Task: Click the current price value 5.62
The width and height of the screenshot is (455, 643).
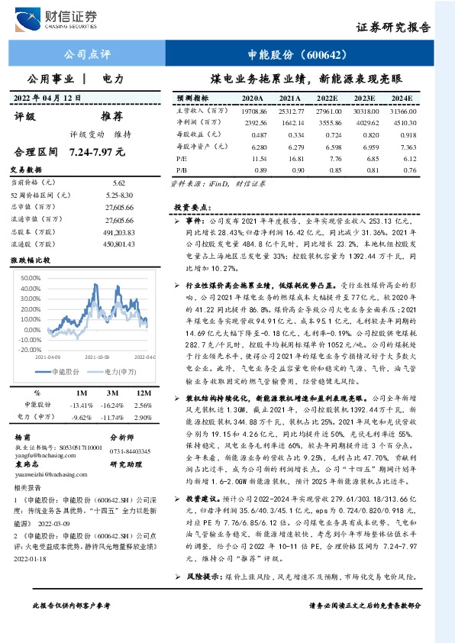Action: [118, 183]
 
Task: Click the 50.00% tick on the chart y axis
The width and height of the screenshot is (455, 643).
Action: [31, 278]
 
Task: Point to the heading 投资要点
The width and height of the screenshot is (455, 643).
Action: [189, 208]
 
